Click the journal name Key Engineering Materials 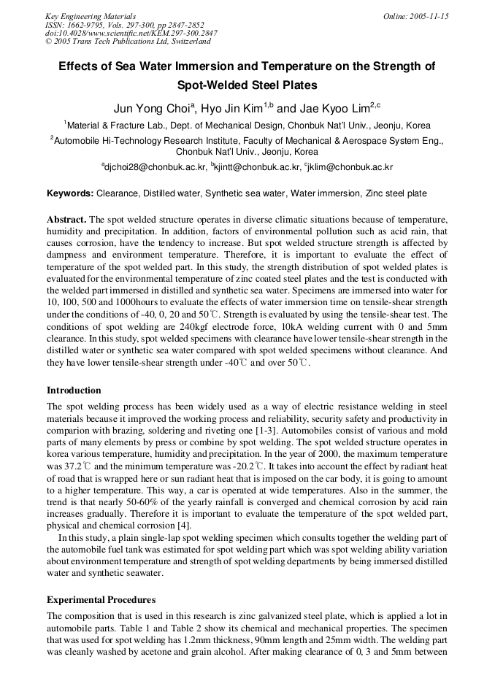point(91,16)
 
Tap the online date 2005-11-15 point(426,16)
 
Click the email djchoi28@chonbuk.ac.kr point(156,167)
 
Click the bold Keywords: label point(70,193)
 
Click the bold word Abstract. point(67,220)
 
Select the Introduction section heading point(74,391)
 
